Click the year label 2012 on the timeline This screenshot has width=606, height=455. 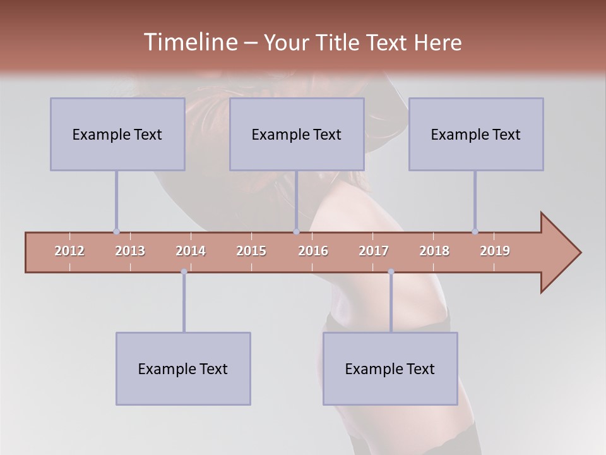(69, 251)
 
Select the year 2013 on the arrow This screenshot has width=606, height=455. (130, 251)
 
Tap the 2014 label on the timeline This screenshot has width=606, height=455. (191, 251)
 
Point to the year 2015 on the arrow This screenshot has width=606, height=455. (251, 251)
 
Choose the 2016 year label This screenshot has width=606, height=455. (313, 251)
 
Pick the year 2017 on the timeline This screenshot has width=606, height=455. (374, 251)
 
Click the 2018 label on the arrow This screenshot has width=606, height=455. (434, 251)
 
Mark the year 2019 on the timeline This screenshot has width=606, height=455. (495, 251)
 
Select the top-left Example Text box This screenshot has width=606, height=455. (117, 134)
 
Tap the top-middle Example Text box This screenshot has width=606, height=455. (297, 134)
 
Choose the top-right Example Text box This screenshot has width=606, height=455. (476, 134)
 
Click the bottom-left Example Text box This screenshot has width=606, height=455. (183, 368)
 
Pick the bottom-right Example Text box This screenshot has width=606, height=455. (390, 368)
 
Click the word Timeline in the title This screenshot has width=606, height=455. (189, 42)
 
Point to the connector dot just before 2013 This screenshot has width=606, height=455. (116, 231)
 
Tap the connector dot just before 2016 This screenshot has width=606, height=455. (296, 231)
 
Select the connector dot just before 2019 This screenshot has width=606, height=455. (475, 231)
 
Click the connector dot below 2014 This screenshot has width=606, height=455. (184, 272)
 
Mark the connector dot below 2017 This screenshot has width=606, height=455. (391, 272)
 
